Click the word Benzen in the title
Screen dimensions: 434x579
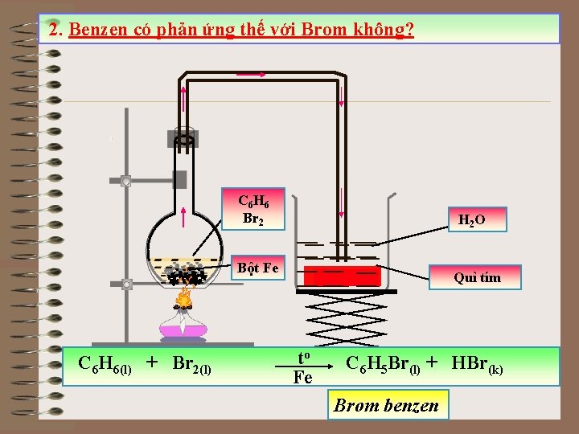pos(96,31)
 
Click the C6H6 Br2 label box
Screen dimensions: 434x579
pos(252,209)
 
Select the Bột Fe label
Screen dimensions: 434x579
pos(257,268)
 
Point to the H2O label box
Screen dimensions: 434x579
pos(471,219)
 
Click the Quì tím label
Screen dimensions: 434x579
pos(476,277)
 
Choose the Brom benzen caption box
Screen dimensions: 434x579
pos(387,405)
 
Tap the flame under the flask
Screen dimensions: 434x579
pos(183,299)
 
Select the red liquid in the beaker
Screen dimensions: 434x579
pos(342,276)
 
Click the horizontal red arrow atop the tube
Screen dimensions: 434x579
pos(252,74)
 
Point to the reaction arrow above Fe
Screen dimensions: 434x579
pos(302,367)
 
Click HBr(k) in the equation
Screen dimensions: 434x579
pos(478,364)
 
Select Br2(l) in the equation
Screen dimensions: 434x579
pos(191,364)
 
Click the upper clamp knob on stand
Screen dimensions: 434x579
pos(125,182)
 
